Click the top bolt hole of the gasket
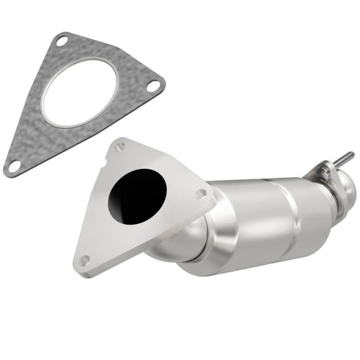pos(63,42)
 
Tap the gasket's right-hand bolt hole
pos(153,86)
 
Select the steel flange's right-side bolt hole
pos(201,193)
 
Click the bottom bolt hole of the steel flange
pos(85,260)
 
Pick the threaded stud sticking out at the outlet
pos(343,158)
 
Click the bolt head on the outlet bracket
pos(325,171)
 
